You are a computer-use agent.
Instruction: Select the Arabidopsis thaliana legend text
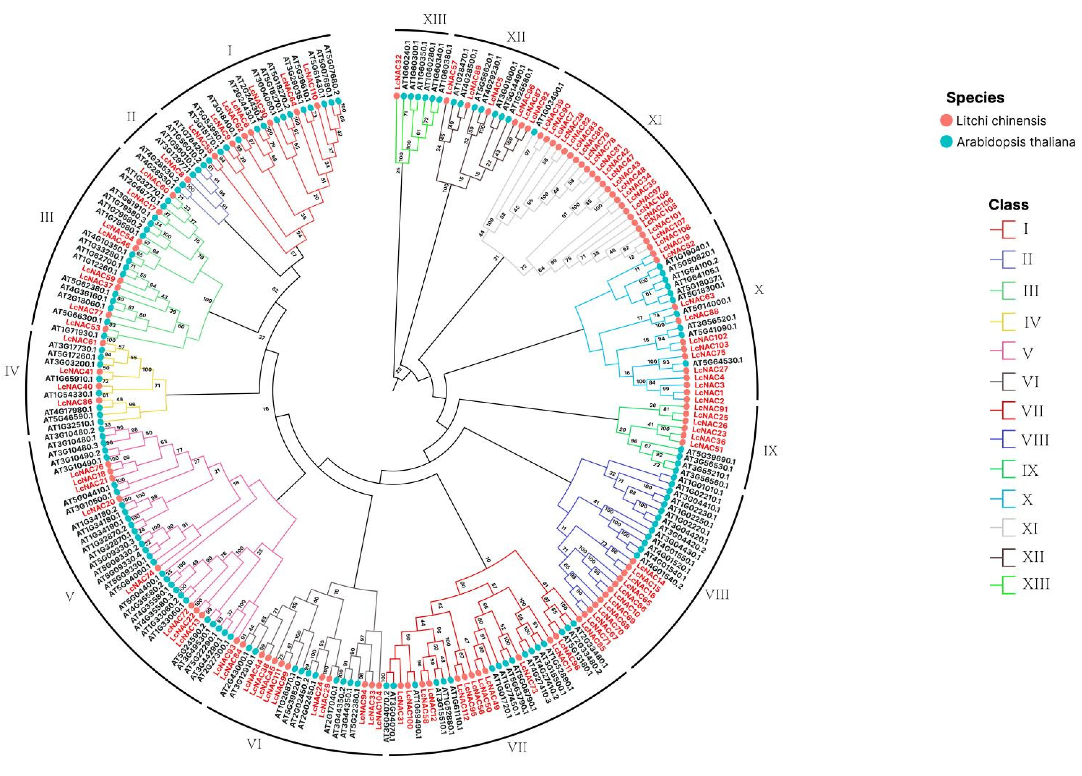pyautogui.click(x=1016, y=142)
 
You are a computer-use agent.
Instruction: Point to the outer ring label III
pyautogui.click(x=46, y=218)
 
